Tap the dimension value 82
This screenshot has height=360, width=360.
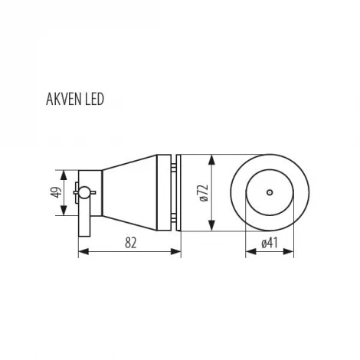[131, 241]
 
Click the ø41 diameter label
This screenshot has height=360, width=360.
[268, 243]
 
